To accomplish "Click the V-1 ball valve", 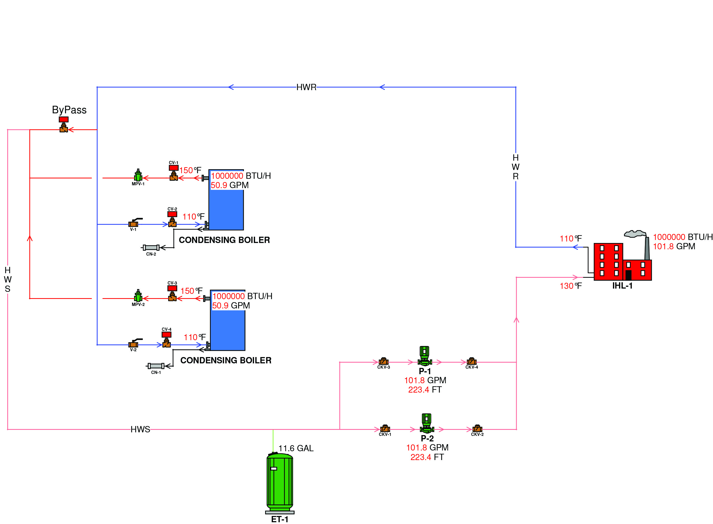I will tap(134, 224).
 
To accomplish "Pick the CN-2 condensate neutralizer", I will tap(151, 248).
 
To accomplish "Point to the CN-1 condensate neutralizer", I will tap(156, 366).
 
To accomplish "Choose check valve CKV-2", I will tap(477, 429).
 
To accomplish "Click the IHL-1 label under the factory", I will tap(622, 286).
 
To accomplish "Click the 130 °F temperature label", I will tap(570, 286).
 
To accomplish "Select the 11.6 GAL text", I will tap(296, 448).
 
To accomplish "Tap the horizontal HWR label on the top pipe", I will tap(306, 87).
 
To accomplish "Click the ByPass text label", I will tap(69, 110).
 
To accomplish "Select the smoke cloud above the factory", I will tap(635, 234).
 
